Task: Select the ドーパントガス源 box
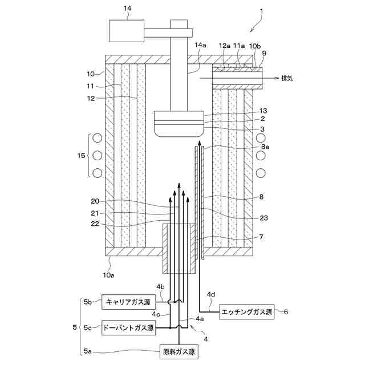coord(128,328)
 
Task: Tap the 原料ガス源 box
coord(178,352)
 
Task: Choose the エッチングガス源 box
coord(248,312)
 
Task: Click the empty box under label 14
coord(127,30)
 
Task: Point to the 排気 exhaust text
coord(289,79)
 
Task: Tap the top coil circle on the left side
coord(98,138)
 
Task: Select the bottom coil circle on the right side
coord(262,172)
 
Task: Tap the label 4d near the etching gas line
coord(210,295)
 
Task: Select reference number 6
coord(286,312)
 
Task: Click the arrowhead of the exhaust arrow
coord(276,79)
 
